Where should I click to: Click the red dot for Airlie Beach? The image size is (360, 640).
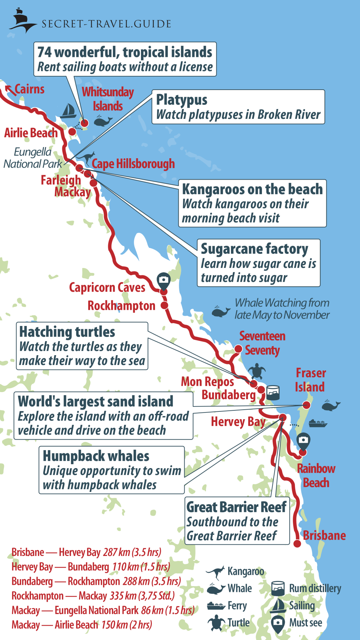tap(72, 132)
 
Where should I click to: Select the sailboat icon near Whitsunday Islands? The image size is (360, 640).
tap(69, 111)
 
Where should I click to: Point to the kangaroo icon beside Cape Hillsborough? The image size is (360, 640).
tap(86, 158)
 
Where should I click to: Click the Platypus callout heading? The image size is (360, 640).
tap(182, 100)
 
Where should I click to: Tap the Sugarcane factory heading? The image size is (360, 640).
tap(254, 249)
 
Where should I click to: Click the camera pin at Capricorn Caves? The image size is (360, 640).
tap(163, 280)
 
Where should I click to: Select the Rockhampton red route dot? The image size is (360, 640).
tap(164, 305)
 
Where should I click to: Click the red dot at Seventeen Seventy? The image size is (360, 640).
tap(238, 349)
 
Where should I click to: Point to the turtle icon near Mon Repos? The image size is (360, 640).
tap(257, 371)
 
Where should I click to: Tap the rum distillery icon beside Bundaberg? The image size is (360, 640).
tap(273, 392)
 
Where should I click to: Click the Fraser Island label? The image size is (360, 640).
tap(310, 380)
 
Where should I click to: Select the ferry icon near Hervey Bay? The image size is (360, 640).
tap(318, 423)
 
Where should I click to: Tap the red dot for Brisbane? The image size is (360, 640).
tap(297, 544)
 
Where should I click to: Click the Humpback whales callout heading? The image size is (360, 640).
tap(96, 456)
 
